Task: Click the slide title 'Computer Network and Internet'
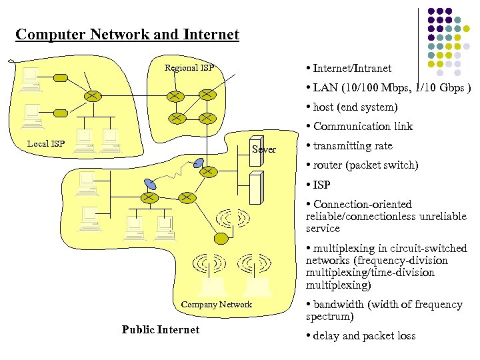127,35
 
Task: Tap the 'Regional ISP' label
189,67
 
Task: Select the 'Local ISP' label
46,143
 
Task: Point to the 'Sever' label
264,149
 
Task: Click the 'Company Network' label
217,305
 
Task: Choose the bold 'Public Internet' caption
161,329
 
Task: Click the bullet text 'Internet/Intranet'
352,68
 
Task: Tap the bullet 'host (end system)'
355,107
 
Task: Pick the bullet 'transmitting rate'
353,145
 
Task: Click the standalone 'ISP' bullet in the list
321,185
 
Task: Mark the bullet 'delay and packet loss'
364,335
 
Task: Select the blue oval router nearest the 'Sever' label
199,162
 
